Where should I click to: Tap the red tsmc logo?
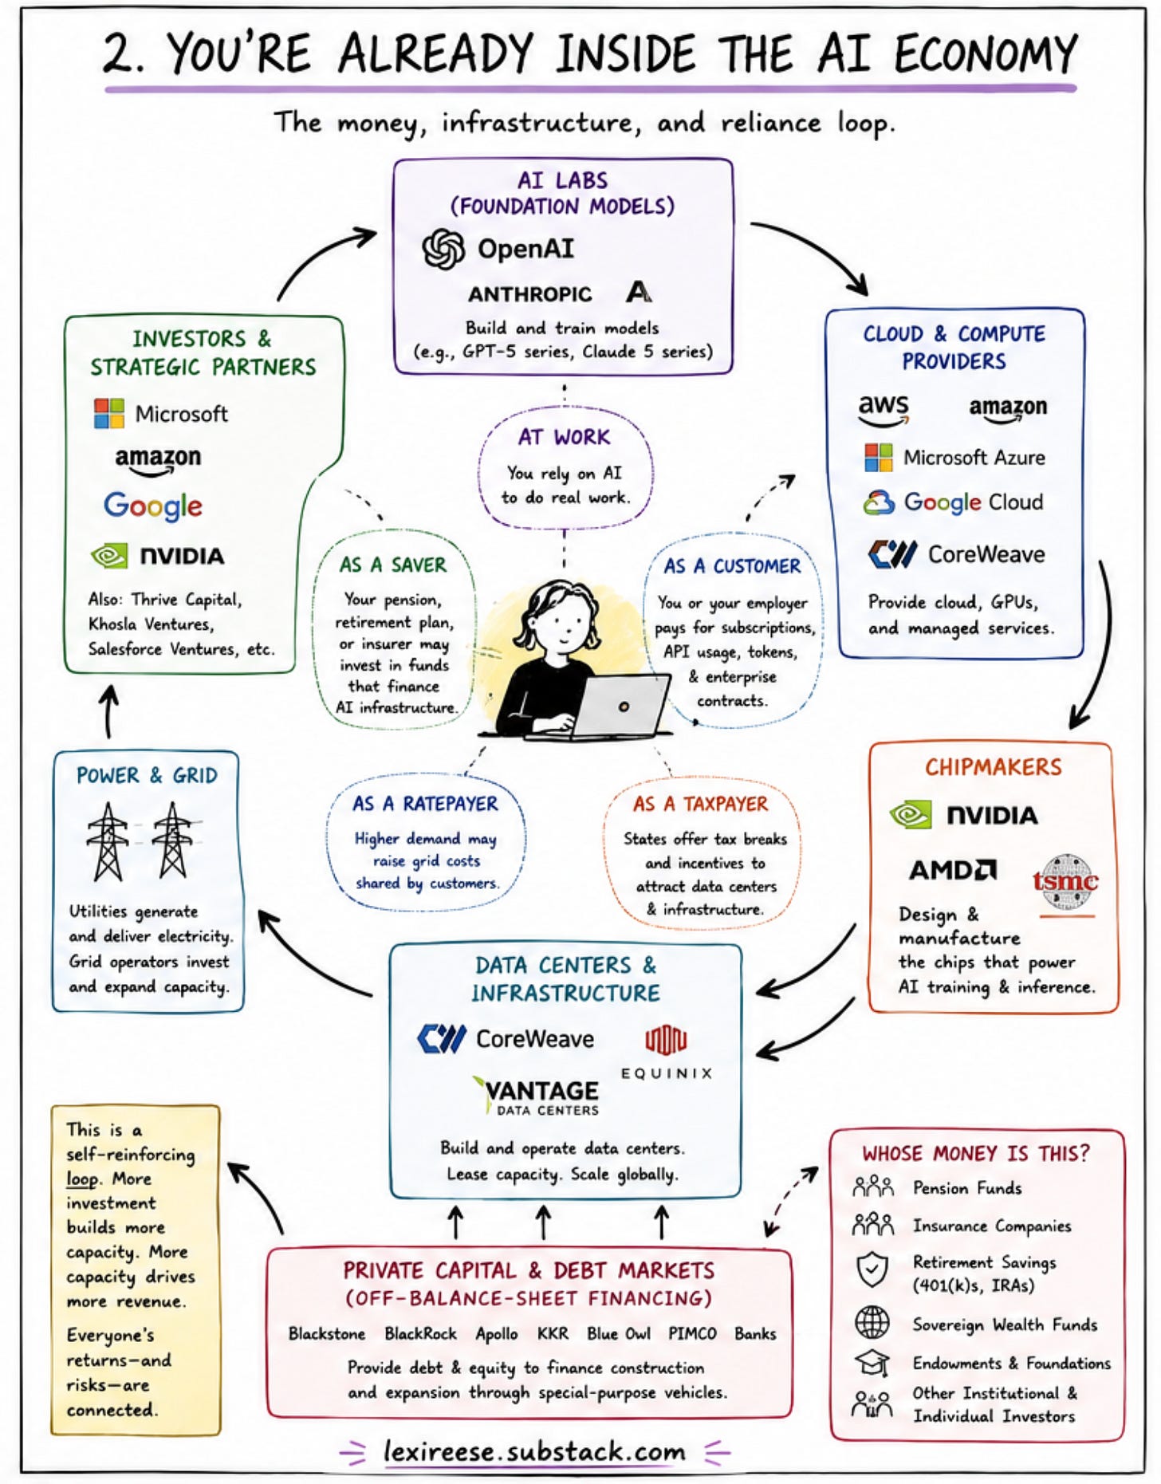[x=1065, y=882]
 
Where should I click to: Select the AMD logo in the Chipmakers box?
[x=953, y=869]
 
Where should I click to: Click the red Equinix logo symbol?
[x=666, y=1039]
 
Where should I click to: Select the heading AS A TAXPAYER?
[x=700, y=804]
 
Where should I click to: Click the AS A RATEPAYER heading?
[x=425, y=803]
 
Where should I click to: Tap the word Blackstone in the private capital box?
[x=327, y=1333]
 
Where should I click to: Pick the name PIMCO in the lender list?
[x=692, y=1333]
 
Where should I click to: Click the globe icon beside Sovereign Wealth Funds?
[x=872, y=1322]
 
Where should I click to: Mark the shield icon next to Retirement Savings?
[x=872, y=1269]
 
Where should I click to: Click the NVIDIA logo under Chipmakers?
[x=964, y=815]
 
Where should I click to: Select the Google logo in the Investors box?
[x=153, y=506]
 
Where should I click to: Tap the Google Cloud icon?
[x=879, y=502]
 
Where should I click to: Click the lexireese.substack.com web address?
[x=534, y=1451]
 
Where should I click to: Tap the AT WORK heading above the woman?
[x=564, y=437]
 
